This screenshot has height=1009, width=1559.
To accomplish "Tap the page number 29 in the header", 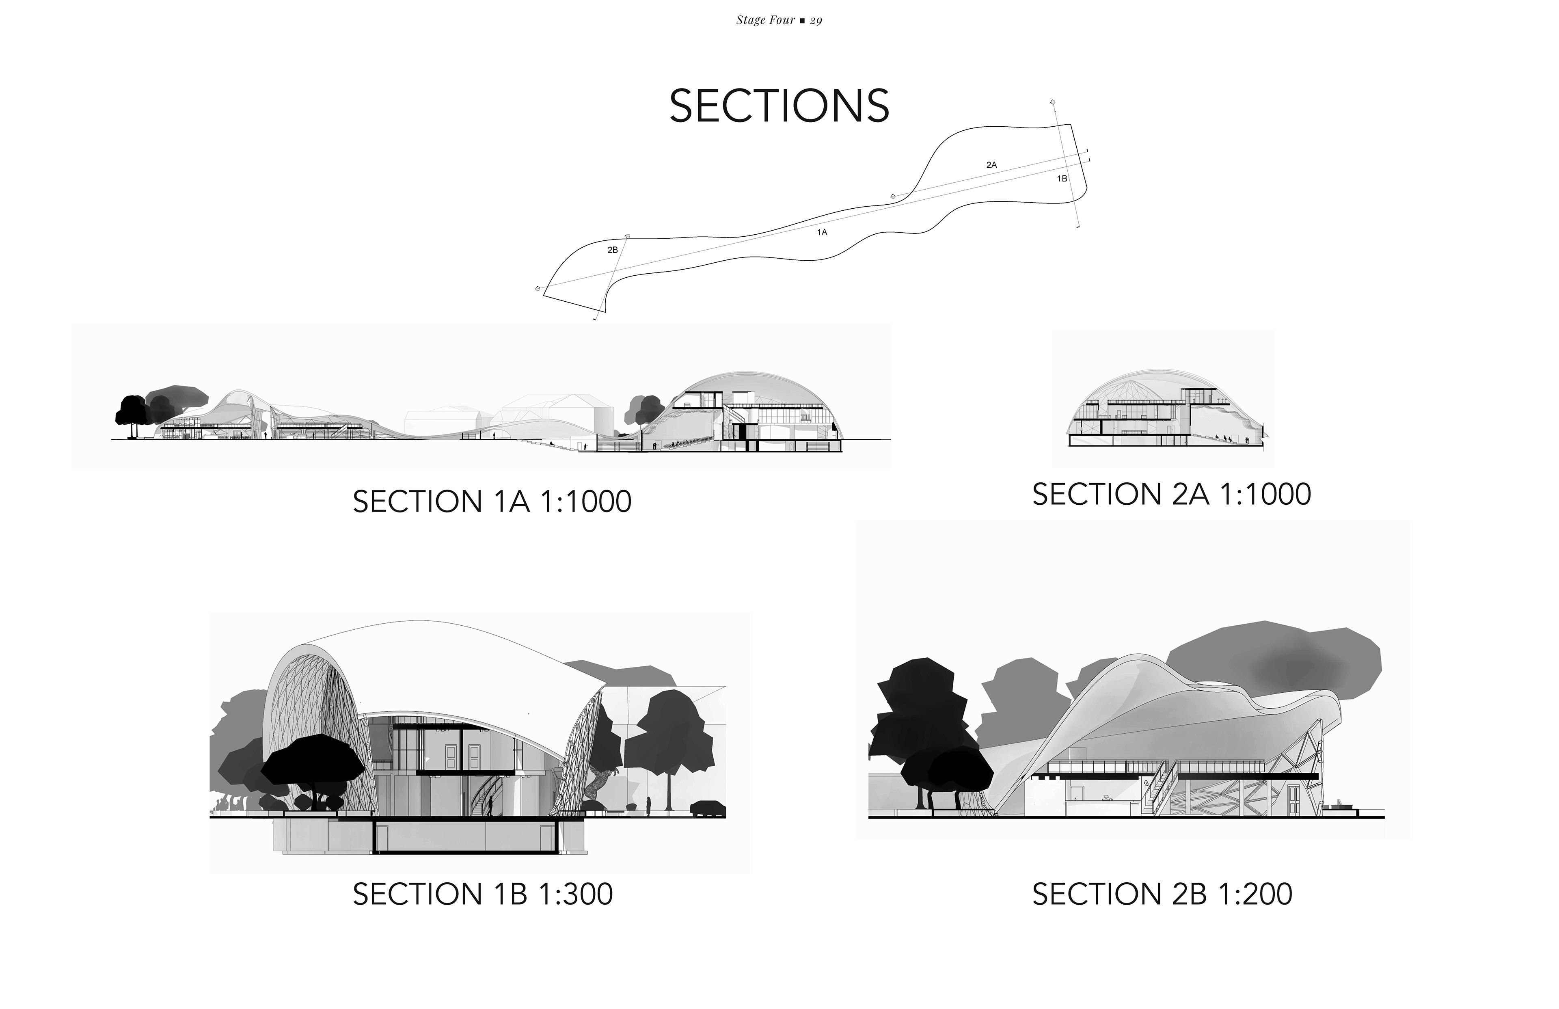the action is pos(816,20).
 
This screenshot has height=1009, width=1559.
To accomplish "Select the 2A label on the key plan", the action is pos(991,165).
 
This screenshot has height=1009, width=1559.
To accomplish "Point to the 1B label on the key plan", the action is pos(1062,178).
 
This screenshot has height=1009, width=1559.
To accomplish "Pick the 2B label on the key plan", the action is pos(613,250).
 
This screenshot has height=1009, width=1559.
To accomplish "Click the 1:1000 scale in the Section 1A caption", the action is pos(585,502).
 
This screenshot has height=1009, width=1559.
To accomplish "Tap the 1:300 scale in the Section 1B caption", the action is pos(576,894).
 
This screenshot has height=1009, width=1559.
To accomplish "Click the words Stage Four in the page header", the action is pos(765,20).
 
